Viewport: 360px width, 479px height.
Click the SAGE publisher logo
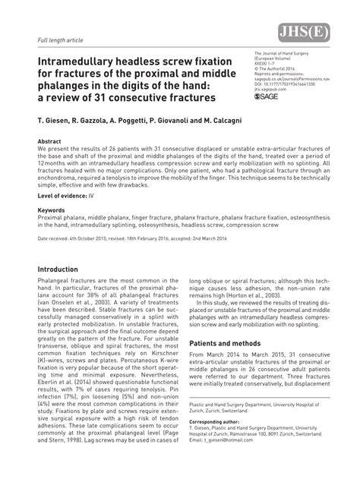273,97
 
